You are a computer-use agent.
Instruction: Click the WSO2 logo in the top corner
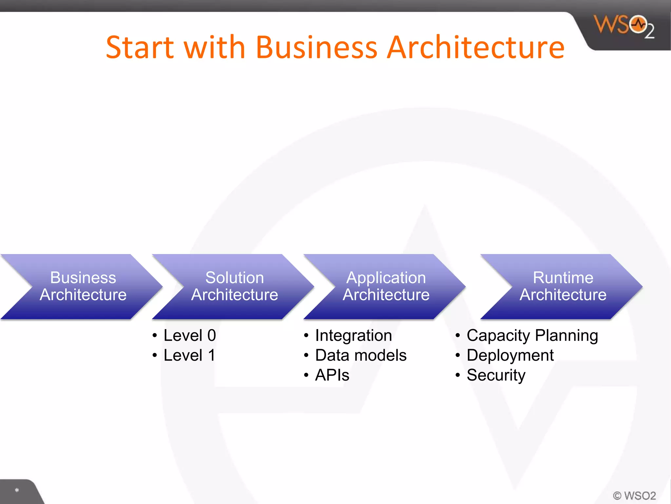pos(623,26)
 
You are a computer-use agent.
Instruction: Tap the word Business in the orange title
pos(316,47)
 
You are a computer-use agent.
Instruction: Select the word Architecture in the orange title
pos(475,47)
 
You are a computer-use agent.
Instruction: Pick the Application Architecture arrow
pos(386,286)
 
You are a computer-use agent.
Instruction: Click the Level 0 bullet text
pos(190,335)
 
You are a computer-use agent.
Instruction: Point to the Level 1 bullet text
pos(189,355)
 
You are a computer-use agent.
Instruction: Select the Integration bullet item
pos(353,336)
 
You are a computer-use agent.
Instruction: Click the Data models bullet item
pos(360,355)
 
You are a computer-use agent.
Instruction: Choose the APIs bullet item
pos(332,375)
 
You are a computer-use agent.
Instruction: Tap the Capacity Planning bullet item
pos(532,336)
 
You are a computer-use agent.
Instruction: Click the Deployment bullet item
pos(510,355)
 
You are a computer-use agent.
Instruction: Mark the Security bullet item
pos(496,375)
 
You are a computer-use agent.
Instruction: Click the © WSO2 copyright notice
pos(634,495)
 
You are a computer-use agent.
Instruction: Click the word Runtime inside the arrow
pos(563,278)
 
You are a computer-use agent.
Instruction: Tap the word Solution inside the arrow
pos(235,278)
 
